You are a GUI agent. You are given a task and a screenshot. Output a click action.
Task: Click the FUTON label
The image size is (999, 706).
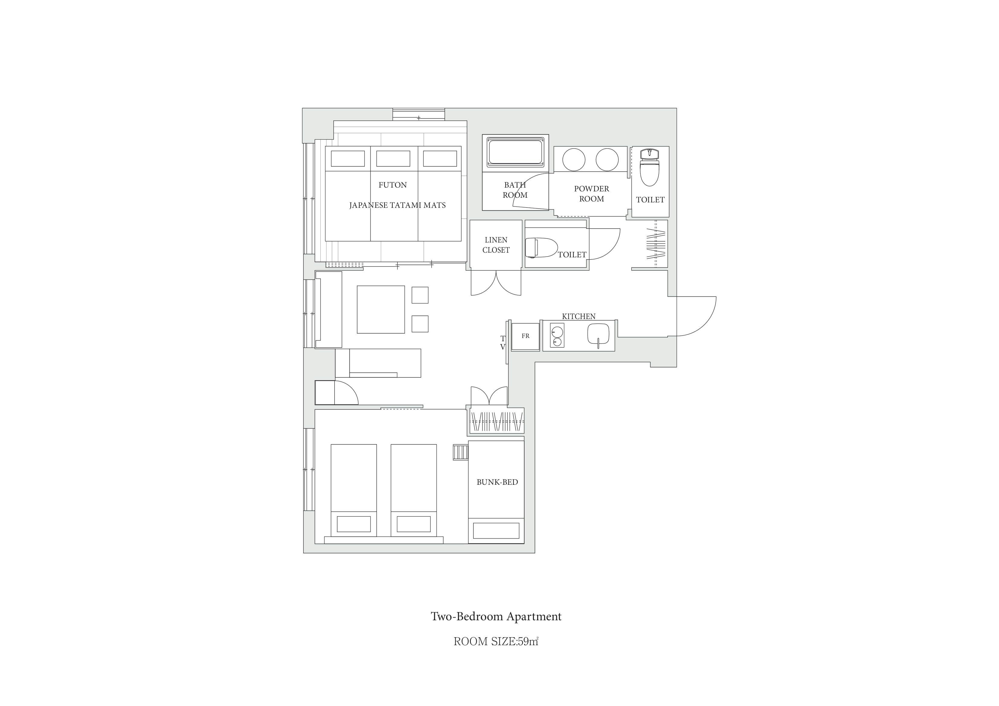tap(393, 185)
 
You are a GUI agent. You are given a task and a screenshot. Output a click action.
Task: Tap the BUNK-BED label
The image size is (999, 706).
tap(497, 482)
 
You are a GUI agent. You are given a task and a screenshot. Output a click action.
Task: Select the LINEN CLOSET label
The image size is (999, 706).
tap(496, 245)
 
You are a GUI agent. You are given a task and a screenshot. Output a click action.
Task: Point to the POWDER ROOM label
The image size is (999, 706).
tap(591, 193)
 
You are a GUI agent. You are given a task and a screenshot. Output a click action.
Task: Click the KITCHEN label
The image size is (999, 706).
tap(579, 316)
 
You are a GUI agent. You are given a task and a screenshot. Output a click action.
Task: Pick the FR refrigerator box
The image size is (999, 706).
tap(525, 336)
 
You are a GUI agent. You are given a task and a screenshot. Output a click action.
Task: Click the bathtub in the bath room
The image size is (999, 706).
tap(516, 152)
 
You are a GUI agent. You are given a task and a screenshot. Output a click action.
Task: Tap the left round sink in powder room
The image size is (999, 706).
tap(574, 159)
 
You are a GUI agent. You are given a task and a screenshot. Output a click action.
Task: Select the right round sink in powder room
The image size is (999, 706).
tap(607, 159)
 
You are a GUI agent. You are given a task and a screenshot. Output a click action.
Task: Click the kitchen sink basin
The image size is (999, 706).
tap(599, 334)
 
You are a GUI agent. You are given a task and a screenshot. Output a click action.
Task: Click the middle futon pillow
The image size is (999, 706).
tap(393, 158)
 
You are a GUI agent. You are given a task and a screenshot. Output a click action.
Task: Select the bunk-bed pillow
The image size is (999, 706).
tap(496, 531)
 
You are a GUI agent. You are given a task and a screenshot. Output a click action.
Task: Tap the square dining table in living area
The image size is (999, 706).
tap(381, 309)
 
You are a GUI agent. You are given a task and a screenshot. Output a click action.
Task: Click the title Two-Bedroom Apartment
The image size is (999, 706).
tap(496, 616)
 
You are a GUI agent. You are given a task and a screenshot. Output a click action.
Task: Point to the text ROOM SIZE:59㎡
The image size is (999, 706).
tap(496, 642)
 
